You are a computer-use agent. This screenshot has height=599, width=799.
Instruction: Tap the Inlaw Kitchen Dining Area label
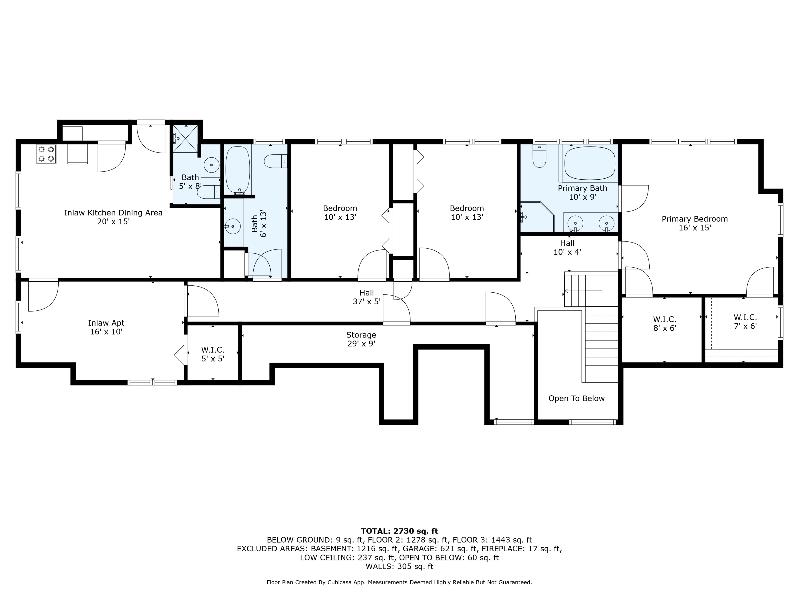pos(113,217)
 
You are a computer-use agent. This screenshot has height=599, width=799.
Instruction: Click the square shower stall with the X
pos(185,139)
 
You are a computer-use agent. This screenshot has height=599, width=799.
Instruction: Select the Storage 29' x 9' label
pos(361,339)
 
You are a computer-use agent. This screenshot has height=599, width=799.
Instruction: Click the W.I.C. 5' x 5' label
pos(213,354)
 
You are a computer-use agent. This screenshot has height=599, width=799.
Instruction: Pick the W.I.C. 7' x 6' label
pos(745,321)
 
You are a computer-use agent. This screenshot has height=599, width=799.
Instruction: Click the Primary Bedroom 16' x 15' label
pos(694,223)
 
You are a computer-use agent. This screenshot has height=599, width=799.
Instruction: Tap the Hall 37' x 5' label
pos(367,297)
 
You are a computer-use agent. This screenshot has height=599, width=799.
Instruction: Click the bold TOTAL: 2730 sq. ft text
pos(399,531)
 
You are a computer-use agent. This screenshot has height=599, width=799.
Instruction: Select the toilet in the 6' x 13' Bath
pos(275,161)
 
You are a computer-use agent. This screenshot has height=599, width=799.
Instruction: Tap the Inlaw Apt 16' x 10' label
pos(106,327)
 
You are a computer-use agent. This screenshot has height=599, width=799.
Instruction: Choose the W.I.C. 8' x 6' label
pos(664,323)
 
